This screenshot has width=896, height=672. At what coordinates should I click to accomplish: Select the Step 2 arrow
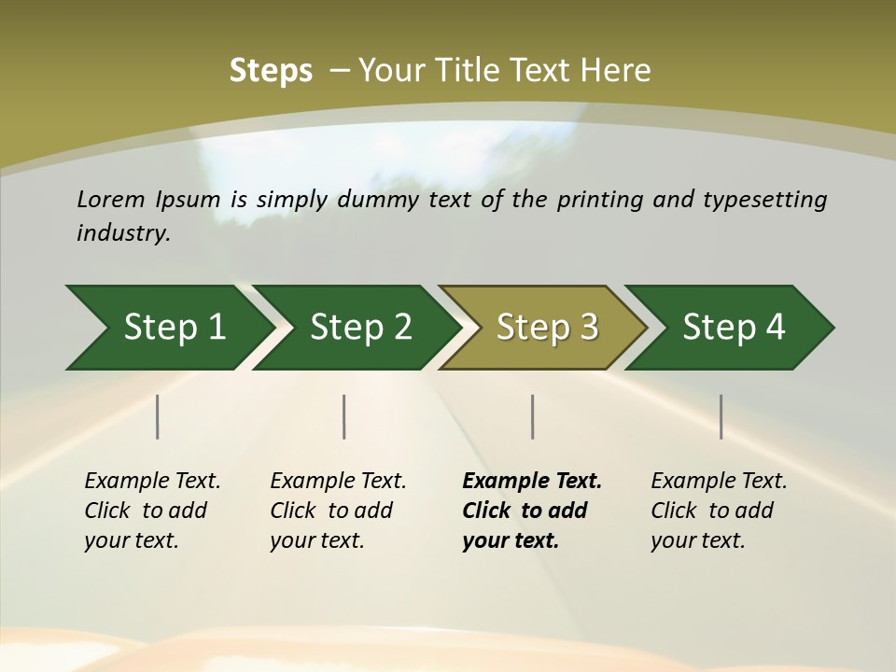pos(360,328)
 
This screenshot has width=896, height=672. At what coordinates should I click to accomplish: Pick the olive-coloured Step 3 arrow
pos(547,328)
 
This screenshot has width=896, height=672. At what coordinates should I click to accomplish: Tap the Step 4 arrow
pos(734,328)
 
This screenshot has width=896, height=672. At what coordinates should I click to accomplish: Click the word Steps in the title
pos(271,71)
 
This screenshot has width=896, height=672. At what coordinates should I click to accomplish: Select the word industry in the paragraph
pos(121,233)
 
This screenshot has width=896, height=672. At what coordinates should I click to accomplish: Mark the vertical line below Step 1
pos(158,416)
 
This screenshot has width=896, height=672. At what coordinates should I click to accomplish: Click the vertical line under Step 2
pos(344,416)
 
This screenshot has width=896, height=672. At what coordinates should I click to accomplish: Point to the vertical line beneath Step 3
pos(533,416)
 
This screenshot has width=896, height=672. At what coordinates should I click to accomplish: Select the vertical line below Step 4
pos(721,416)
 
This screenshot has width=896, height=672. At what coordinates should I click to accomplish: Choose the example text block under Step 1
pos(152,511)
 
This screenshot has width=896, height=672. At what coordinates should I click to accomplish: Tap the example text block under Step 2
pos(338,511)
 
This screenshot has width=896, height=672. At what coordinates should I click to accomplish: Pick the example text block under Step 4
pos(719,511)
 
